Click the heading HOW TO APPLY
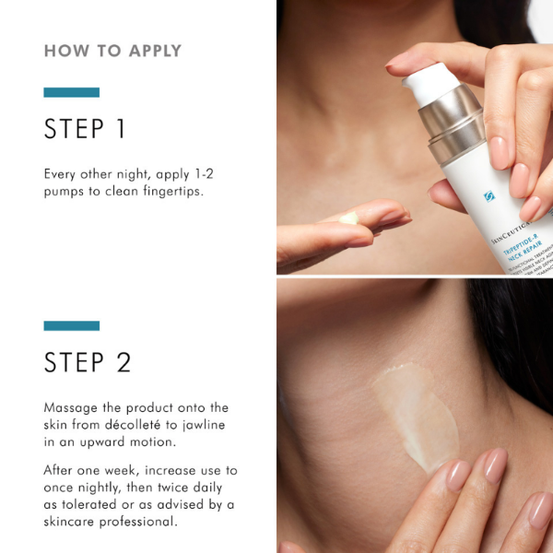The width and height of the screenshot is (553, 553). [112, 51]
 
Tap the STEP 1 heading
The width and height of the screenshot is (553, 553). [85, 129]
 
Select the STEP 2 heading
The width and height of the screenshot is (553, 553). [88, 362]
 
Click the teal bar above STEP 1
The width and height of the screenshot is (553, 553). [71, 92]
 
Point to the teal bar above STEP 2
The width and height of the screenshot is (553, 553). [71, 325]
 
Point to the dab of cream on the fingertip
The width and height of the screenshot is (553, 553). [348, 218]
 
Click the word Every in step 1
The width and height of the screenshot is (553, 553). [63, 173]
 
